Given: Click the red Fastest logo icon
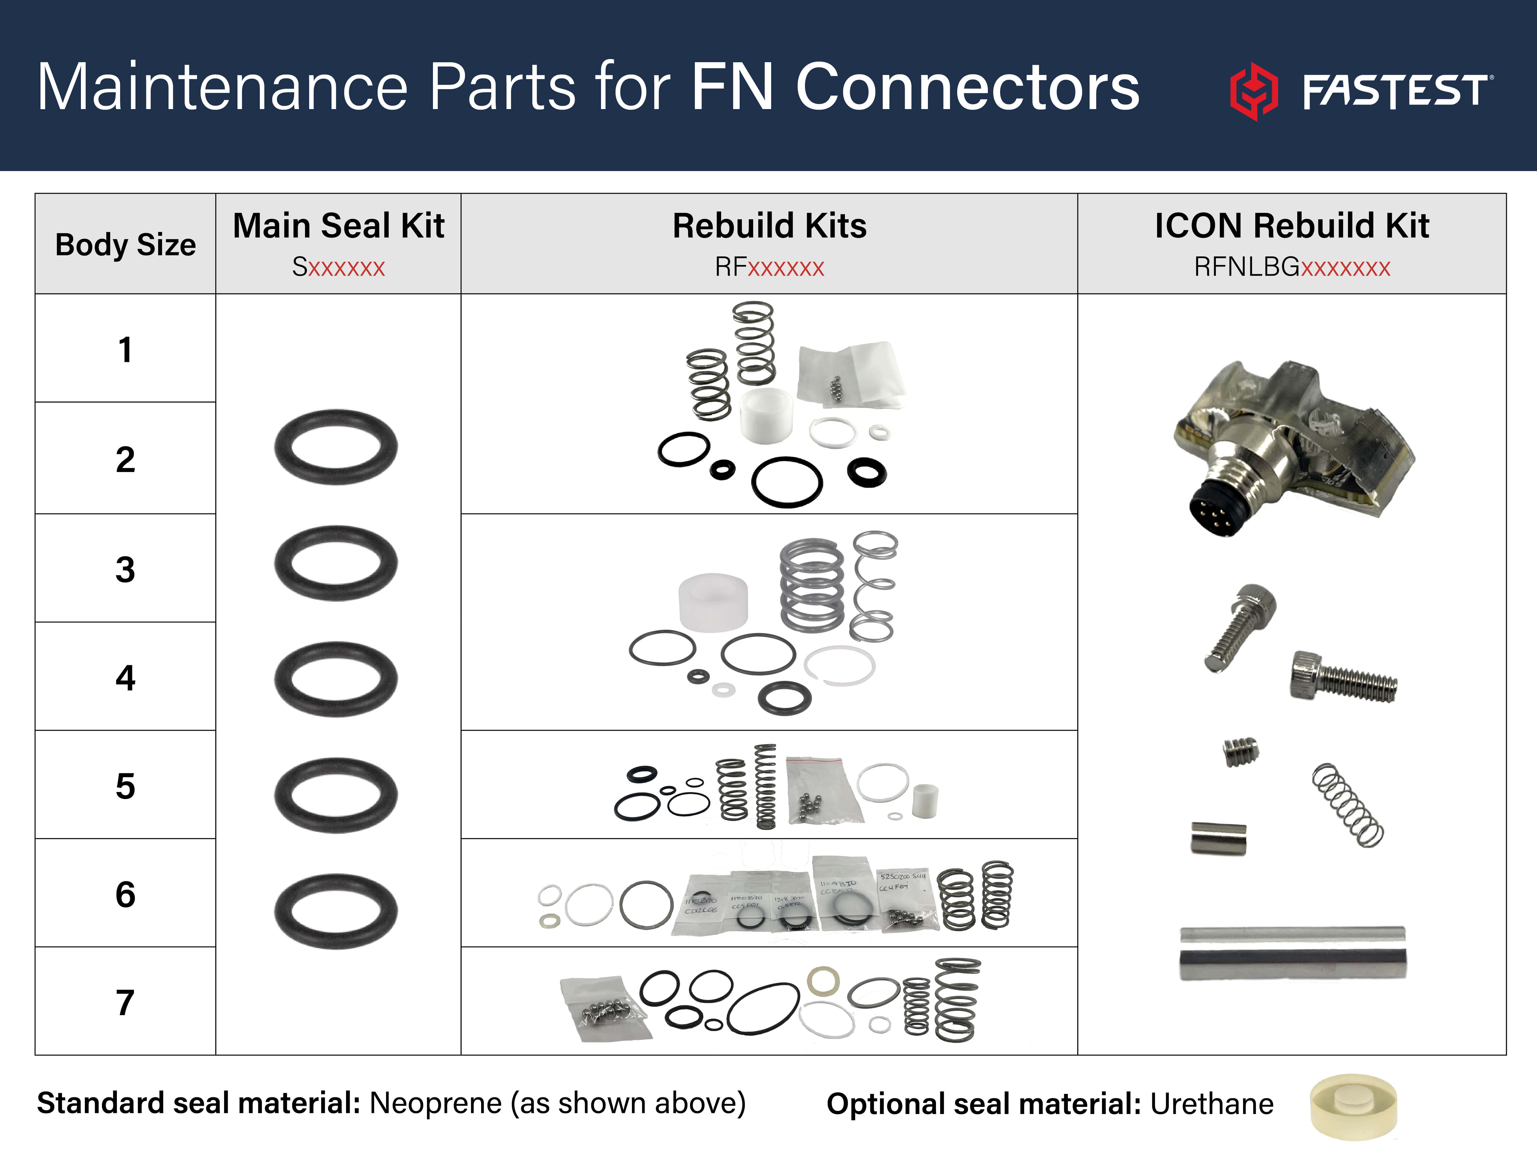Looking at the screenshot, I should (1253, 90).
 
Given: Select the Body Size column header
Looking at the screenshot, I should (125, 245).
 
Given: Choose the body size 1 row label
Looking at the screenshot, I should (125, 350).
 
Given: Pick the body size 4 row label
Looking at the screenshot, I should (125, 678).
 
